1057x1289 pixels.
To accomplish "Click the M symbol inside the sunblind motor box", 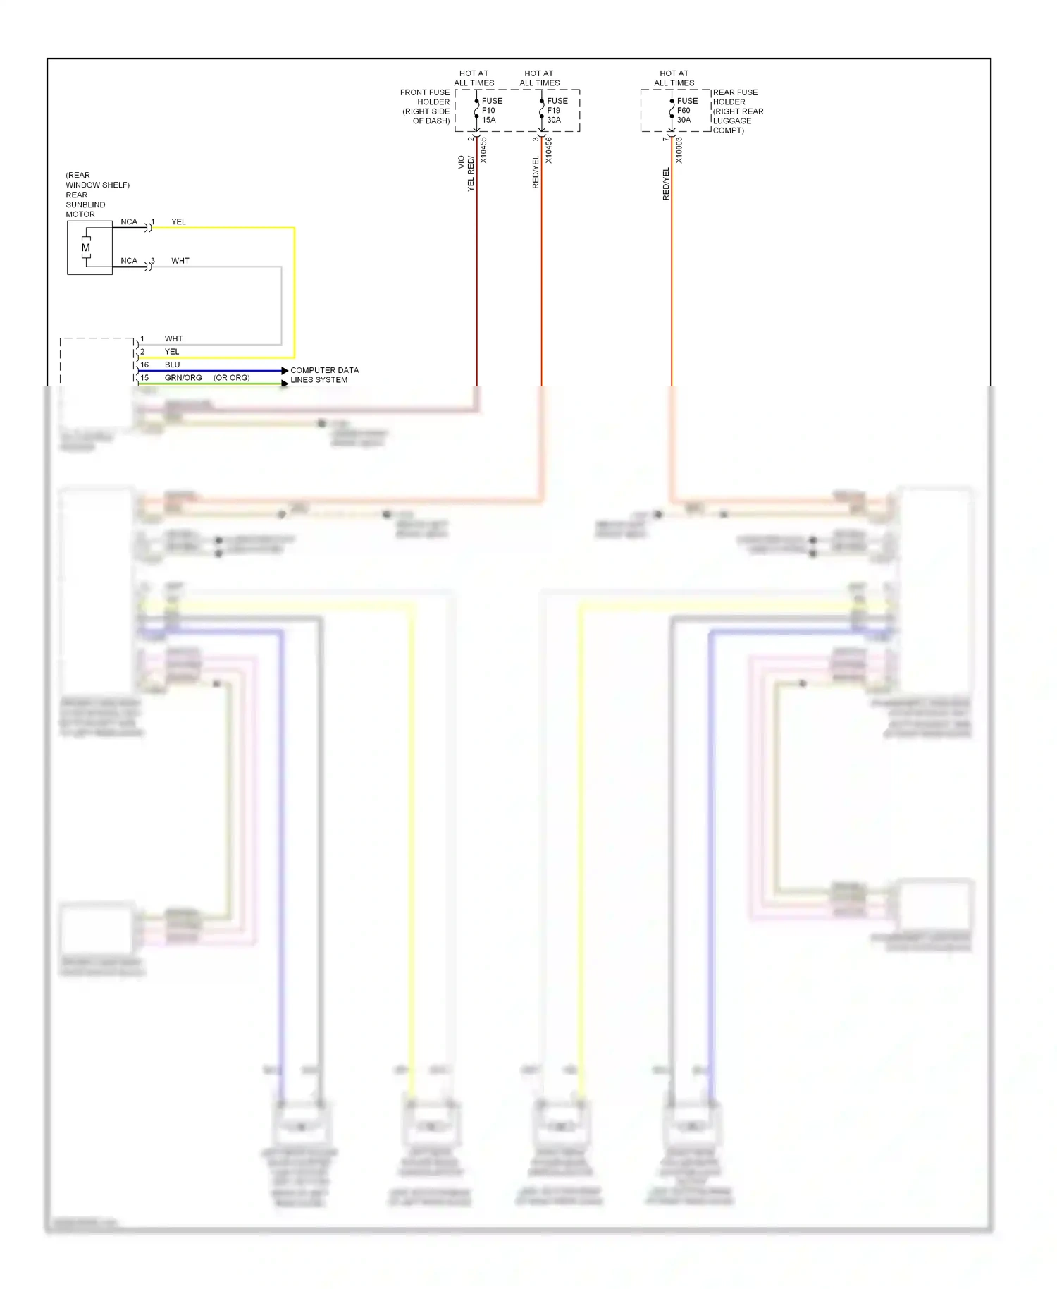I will click(86, 248).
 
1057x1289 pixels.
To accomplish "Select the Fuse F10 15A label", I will click(492, 111).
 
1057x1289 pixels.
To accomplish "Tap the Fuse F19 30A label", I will click(557, 111).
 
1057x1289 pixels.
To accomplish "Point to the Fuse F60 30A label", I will click(687, 111).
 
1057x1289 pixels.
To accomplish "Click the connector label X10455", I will click(483, 150).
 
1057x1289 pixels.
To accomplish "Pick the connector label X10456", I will click(549, 150).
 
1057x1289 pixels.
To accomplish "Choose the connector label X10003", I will click(679, 150).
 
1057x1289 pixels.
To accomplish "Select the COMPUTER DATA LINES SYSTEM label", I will click(324, 375).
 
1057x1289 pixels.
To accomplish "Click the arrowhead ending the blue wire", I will click(285, 371).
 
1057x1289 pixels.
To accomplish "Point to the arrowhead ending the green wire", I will click(285, 384).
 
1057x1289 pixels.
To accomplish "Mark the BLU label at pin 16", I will click(172, 365).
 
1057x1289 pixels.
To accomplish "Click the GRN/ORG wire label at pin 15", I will click(183, 378).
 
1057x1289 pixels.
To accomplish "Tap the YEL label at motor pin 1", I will click(178, 222).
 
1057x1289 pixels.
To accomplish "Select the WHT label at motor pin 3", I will click(180, 261).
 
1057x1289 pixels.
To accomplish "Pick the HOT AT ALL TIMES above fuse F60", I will click(674, 78).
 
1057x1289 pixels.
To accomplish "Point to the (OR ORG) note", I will click(231, 378).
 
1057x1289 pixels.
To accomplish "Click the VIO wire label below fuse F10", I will click(462, 162).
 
